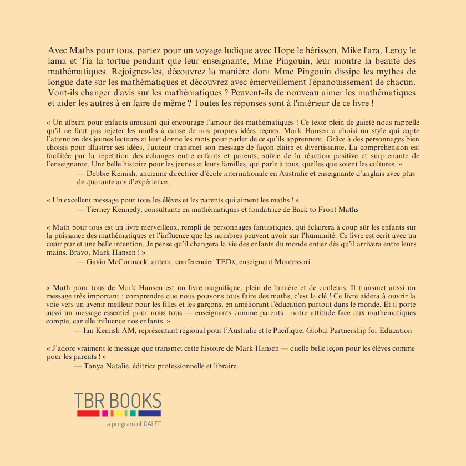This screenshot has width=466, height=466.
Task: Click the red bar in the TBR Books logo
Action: click(x=88, y=413)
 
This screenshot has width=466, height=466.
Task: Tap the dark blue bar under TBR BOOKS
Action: click(x=149, y=413)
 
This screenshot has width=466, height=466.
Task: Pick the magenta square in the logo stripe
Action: click(x=105, y=413)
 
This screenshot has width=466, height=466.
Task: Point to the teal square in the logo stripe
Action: click(x=133, y=413)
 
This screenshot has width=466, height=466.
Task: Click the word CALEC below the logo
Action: click(x=153, y=424)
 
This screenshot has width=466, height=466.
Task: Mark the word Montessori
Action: click(x=293, y=261)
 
